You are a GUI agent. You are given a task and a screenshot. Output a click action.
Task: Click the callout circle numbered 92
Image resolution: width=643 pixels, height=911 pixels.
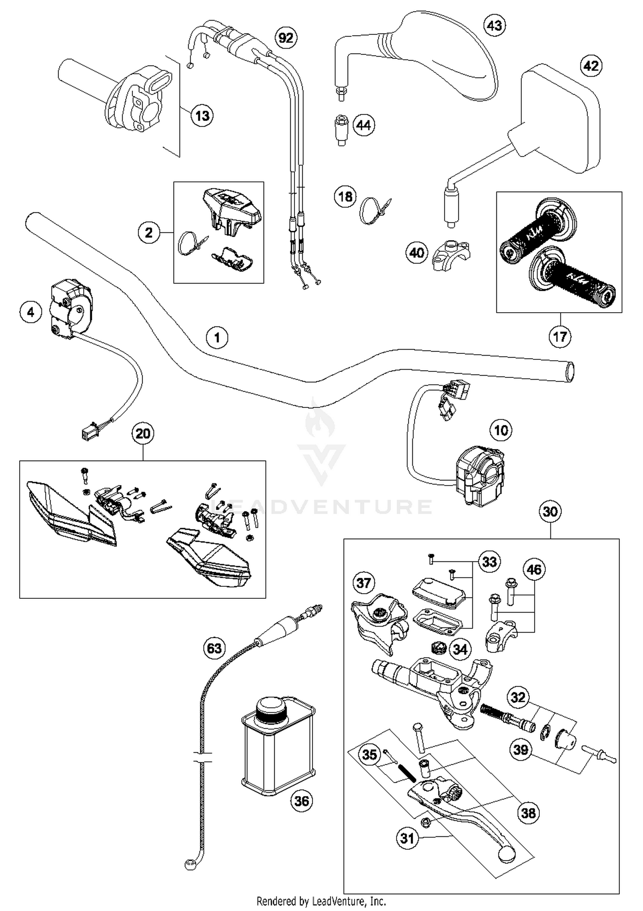pos(286,38)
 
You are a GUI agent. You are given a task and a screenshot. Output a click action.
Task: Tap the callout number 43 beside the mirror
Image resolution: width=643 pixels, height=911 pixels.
pos(494,25)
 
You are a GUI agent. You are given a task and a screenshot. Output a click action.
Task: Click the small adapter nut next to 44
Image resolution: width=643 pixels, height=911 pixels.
pos(341,129)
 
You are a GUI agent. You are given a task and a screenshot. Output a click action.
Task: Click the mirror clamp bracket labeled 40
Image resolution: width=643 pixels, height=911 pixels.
pos(451,254)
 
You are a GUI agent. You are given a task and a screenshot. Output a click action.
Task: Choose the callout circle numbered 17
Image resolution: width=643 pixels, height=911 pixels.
pos(560,336)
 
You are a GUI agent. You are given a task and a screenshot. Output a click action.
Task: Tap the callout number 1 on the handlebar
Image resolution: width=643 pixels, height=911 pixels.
pos(217,338)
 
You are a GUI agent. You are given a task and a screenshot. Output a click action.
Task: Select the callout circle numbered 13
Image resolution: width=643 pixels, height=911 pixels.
pos(202,115)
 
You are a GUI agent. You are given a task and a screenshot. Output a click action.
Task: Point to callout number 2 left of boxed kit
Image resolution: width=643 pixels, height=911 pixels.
pos(149,232)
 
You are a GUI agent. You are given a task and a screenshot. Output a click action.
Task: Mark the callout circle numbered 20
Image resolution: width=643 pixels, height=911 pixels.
pos(143,434)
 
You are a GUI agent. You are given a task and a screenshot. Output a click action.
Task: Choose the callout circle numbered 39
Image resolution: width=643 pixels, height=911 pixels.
pos(521,749)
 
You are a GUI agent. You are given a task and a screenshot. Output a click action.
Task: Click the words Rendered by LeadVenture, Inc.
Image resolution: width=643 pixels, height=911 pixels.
pos(321,901)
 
